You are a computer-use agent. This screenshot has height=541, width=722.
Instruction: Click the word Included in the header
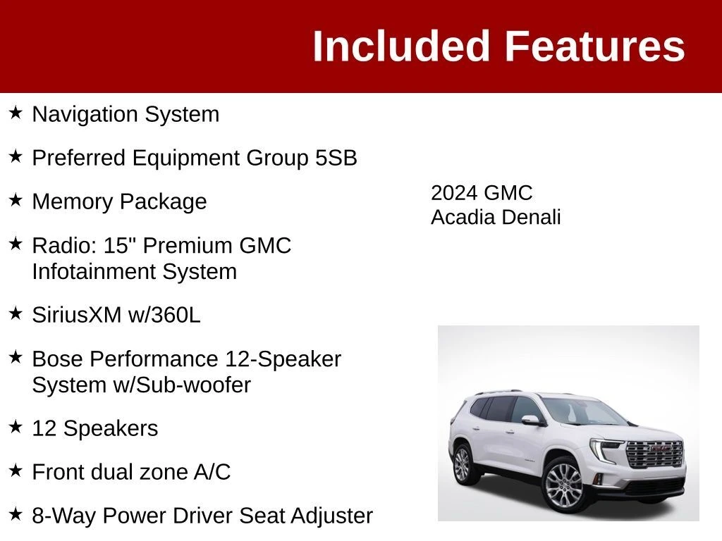400,46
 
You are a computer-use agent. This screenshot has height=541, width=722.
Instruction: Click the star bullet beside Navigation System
16,113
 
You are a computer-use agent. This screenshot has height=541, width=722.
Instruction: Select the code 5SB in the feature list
336,158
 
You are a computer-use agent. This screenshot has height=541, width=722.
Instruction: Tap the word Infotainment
94,271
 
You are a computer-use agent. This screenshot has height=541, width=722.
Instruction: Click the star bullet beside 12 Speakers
16,427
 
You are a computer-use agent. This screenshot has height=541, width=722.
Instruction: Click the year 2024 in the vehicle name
454,193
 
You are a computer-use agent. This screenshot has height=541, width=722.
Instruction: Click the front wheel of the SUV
563,485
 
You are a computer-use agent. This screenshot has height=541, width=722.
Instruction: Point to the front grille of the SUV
655,454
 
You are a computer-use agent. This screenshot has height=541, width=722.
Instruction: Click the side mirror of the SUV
532,421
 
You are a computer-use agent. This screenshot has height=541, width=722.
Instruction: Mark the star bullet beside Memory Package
16,200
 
